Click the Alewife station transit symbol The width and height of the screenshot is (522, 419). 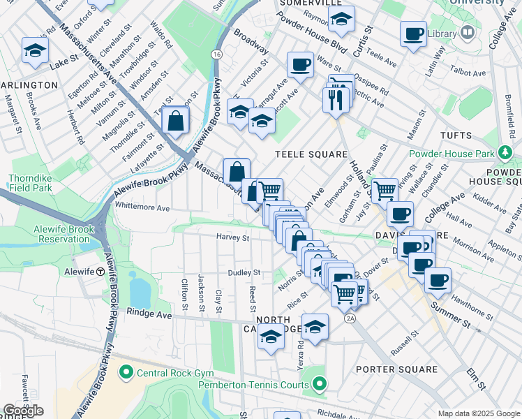click(100, 272)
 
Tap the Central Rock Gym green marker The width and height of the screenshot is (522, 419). click(126, 372)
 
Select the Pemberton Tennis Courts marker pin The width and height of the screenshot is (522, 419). click(320, 383)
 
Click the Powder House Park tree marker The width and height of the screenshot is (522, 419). click(505, 152)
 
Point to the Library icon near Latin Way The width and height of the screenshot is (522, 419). click(468, 33)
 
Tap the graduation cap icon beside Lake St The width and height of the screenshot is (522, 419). click(35, 50)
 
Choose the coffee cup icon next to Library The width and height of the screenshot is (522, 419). click(413, 33)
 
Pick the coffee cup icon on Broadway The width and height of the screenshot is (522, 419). click(300, 65)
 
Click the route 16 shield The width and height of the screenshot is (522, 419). click(218, 54)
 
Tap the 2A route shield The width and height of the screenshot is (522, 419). click(350, 318)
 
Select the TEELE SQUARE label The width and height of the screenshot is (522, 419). click(311, 154)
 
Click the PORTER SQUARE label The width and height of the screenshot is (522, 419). click(396, 369)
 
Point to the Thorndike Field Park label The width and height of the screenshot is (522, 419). click(31, 183)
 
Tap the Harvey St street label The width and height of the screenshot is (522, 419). click(232, 237)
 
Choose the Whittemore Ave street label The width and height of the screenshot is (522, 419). click(142, 207)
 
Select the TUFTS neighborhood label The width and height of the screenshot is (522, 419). click(456, 135)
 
